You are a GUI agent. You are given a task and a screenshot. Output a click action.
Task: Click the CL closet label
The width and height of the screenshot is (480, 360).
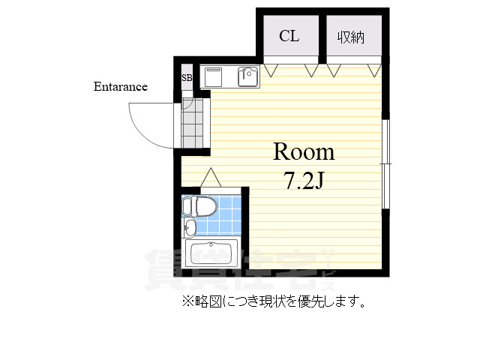pyautogui.click(x=289, y=36)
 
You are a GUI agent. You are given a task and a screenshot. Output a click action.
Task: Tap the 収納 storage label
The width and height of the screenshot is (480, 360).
pyautogui.click(x=350, y=37)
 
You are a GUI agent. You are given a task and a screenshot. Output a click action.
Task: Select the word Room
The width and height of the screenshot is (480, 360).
pyautogui.click(x=303, y=152)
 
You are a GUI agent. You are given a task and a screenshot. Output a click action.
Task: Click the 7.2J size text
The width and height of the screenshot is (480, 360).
pyautogui.click(x=303, y=181)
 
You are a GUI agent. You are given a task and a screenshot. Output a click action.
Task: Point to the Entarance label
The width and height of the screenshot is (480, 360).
pyautogui.click(x=120, y=86)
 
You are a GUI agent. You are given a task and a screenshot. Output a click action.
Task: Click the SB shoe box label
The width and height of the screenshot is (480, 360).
pyautogui.click(x=186, y=77)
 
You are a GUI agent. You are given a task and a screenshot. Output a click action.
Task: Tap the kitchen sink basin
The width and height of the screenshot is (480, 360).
pyautogui.click(x=247, y=76)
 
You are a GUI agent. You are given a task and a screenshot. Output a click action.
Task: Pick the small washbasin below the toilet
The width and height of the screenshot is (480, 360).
pyautogui.click(x=190, y=228)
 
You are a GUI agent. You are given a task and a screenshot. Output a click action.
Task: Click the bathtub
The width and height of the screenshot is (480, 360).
pyautogui.click(x=213, y=253)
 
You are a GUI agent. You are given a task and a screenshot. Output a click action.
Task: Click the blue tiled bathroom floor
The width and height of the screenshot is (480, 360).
pyautogui.click(x=225, y=217)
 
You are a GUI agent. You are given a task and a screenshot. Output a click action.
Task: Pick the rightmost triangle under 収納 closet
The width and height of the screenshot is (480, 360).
pyautogui.click(x=373, y=70)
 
